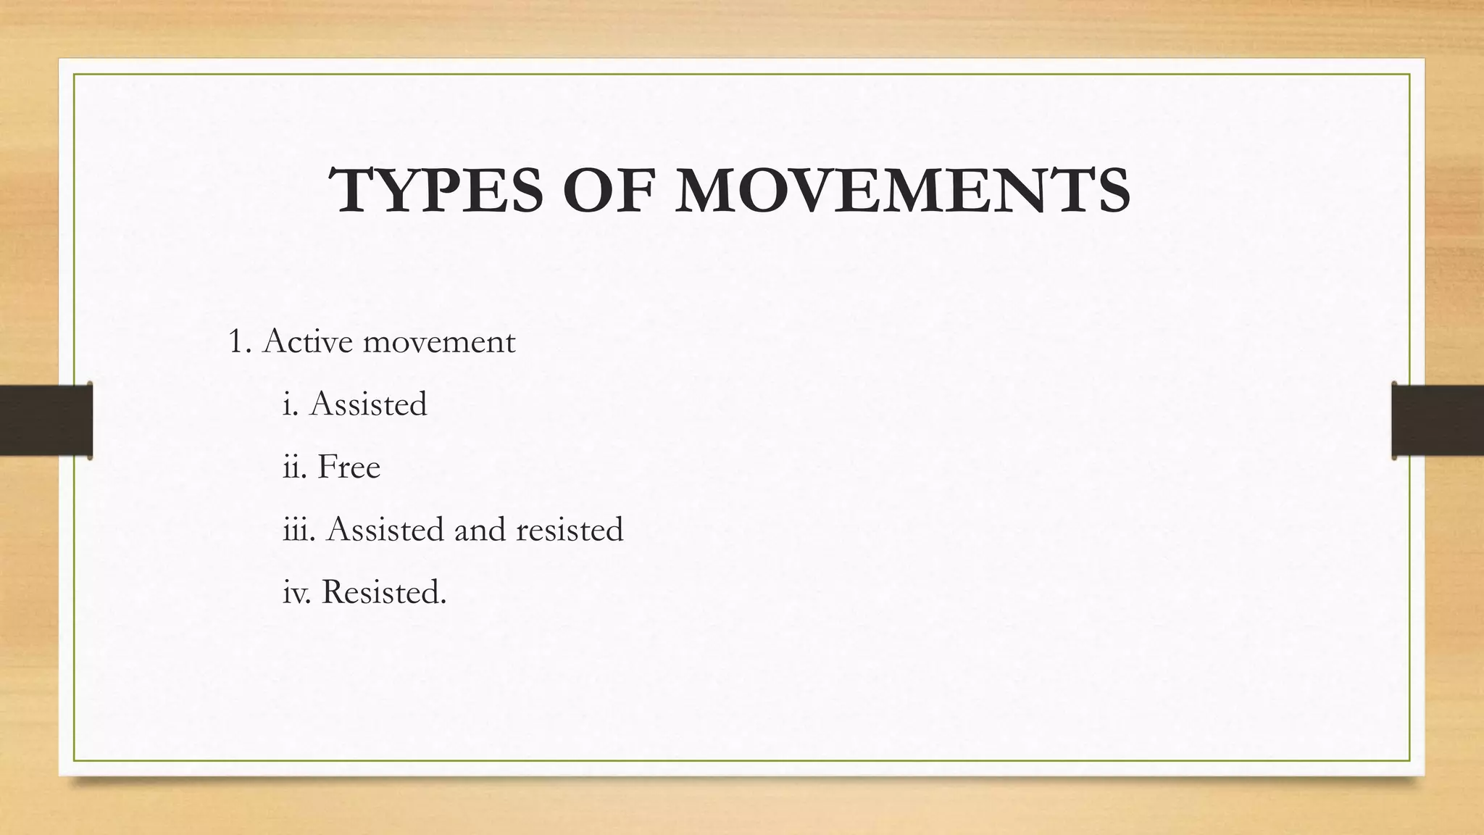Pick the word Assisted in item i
(x=368, y=404)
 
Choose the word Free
(x=349, y=467)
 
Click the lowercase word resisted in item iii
(x=570, y=529)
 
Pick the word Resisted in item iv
(x=383, y=592)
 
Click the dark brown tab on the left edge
(x=46, y=420)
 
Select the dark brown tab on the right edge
(x=1438, y=420)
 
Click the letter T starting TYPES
(x=354, y=191)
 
